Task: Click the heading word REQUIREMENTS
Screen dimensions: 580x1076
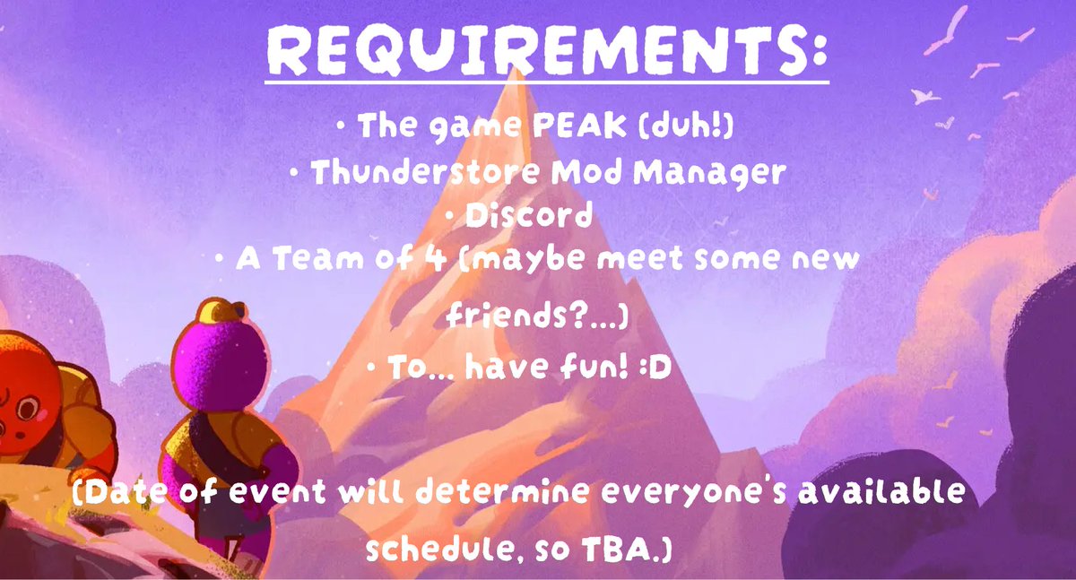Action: point(547,53)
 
